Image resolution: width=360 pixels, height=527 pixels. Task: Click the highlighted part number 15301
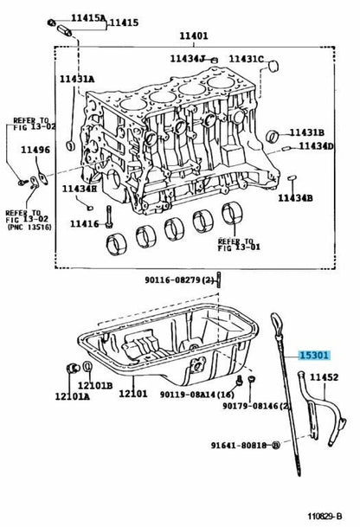pos(313,355)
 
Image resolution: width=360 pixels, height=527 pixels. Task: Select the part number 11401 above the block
pos(193,35)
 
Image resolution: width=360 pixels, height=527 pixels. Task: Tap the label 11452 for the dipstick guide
pos(324,377)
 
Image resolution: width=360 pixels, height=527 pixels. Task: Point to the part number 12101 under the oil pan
pos(132,393)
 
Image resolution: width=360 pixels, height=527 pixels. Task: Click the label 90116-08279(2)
pos(179,280)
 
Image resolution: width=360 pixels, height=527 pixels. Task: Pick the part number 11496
pos(35,150)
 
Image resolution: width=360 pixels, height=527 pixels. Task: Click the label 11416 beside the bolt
pos(84,223)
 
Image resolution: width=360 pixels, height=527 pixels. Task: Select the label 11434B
pos(295,198)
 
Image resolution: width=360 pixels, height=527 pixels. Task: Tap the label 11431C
pos(247,59)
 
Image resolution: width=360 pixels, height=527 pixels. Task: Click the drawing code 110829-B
pos(325,517)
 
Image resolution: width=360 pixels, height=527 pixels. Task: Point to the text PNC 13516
pos(29,228)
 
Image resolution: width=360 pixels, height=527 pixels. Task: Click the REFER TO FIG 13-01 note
pos(239,245)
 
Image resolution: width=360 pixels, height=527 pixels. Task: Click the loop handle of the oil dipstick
pos(276,324)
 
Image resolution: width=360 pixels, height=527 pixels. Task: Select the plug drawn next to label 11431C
pos(274,66)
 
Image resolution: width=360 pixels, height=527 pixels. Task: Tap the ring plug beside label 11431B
pos(273,136)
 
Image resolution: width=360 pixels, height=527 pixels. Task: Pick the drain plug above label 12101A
pos(73,368)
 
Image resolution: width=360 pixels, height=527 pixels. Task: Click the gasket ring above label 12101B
pos(87,367)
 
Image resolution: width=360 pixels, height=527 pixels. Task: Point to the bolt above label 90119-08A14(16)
pos(240,381)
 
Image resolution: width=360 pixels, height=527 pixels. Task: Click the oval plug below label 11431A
pos(71,145)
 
